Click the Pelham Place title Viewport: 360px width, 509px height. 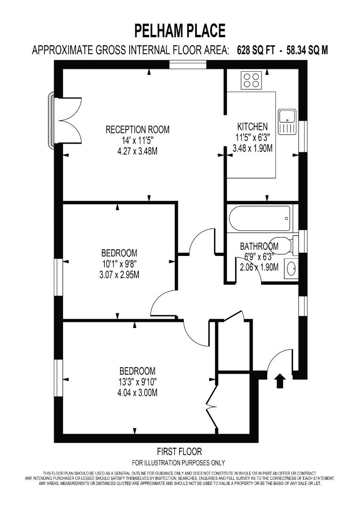click(x=180, y=31)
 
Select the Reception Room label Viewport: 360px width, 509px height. click(x=137, y=130)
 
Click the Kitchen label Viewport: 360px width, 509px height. click(x=252, y=127)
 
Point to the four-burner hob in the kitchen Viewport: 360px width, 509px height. click(x=252, y=80)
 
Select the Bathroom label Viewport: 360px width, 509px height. click(x=259, y=246)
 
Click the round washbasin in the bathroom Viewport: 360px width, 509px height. click(x=291, y=269)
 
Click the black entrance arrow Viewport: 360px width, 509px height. click(x=279, y=380)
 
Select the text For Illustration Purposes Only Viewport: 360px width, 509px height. click(x=178, y=462)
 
